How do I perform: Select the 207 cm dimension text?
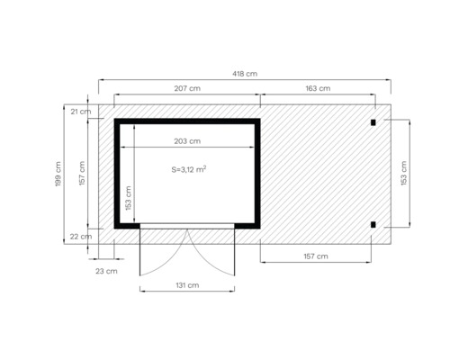(x=186, y=88)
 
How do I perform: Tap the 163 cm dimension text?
(x=317, y=88)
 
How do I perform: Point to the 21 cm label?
(x=80, y=112)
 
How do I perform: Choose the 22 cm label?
(x=80, y=236)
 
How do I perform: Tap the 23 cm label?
(x=105, y=270)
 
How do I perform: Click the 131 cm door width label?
(x=187, y=285)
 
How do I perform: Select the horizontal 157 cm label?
(x=315, y=256)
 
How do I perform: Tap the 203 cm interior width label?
(x=187, y=141)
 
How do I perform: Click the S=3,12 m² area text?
(x=189, y=169)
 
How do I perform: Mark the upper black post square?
(x=373, y=121)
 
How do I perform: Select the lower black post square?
(x=373, y=224)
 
